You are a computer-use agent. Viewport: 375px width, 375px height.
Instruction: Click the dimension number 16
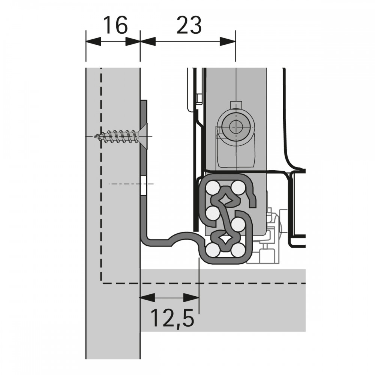pos(115,25)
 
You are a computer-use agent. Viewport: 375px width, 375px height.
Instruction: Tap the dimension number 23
pos(189,25)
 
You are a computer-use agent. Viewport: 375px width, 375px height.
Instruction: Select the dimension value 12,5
pos(172,318)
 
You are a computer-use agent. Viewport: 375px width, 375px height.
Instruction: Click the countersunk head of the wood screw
pos(144,136)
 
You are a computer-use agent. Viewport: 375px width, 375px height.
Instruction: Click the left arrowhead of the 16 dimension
pos(93,41)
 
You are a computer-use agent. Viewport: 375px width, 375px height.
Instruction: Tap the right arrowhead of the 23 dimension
pos(228,41)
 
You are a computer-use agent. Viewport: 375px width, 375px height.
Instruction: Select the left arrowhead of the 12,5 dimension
pos(147,298)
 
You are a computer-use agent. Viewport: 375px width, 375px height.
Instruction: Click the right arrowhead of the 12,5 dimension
pos(191,298)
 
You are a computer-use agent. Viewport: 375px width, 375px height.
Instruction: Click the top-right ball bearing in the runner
pos(238,187)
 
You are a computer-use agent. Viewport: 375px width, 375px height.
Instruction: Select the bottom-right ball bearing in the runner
pos(238,250)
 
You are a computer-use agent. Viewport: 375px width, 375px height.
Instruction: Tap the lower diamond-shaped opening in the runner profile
pos(225,239)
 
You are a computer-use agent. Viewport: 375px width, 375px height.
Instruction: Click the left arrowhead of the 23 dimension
pos(148,41)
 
